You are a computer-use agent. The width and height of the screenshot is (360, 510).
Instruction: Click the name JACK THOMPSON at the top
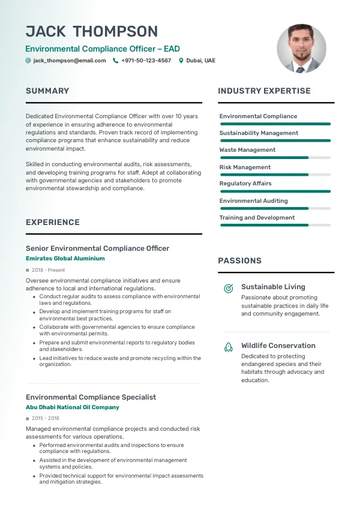coord(92,32)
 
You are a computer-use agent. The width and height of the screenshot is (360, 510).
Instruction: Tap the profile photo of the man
coord(301,49)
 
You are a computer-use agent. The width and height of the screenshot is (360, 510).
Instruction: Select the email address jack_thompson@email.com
coord(70,61)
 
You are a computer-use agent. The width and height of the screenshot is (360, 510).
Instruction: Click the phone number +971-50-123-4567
coord(146,61)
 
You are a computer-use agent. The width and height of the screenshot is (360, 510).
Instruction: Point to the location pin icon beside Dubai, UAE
coord(181,61)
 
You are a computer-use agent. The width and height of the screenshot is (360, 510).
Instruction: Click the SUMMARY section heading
coord(47,91)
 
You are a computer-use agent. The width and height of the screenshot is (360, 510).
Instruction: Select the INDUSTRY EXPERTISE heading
coord(264,91)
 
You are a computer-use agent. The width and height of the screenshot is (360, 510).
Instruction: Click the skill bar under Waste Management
coord(275,158)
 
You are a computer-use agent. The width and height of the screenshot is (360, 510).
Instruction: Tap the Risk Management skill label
coord(245,167)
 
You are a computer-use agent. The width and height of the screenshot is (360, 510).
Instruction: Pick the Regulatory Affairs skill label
coord(245,184)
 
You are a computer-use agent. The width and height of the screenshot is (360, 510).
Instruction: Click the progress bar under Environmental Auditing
coord(275,208)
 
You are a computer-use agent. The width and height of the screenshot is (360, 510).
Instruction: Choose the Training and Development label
coord(257,218)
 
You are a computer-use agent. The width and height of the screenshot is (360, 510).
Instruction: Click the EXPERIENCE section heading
coord(53,223)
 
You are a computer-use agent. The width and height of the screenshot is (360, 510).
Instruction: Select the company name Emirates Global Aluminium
coord(65,259)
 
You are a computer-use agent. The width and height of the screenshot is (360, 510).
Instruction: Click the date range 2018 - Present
coord(49,271)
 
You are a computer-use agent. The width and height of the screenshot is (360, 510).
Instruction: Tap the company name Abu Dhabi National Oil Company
coord(73,407)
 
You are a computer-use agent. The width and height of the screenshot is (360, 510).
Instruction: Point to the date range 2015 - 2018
coord(46,418)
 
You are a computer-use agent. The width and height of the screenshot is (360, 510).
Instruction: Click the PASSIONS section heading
coord(239,261)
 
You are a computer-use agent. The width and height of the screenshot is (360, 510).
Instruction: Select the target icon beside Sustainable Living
coord(228,289)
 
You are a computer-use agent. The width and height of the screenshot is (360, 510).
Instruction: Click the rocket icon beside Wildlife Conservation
coord(228,347)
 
